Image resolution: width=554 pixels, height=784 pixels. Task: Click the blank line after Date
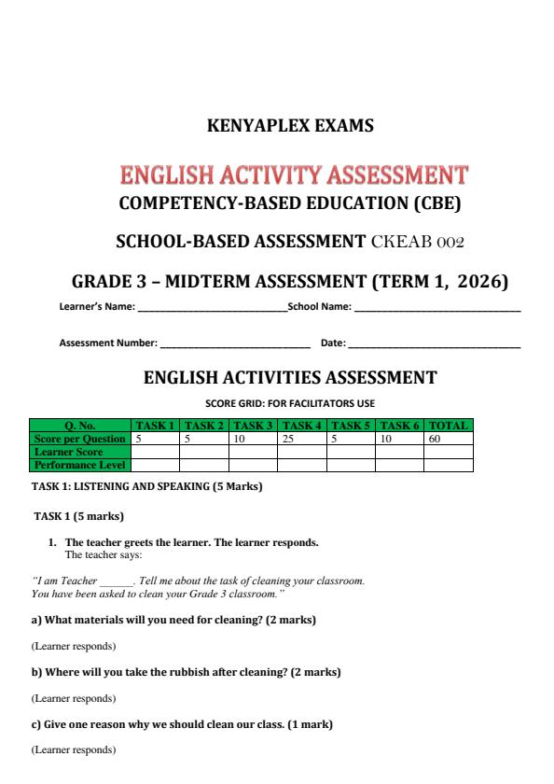434,344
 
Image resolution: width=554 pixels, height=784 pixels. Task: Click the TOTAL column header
448,426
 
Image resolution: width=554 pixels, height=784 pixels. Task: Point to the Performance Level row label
80,462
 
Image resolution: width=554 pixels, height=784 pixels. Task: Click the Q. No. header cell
81,426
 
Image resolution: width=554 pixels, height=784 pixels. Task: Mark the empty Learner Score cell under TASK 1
155,450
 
